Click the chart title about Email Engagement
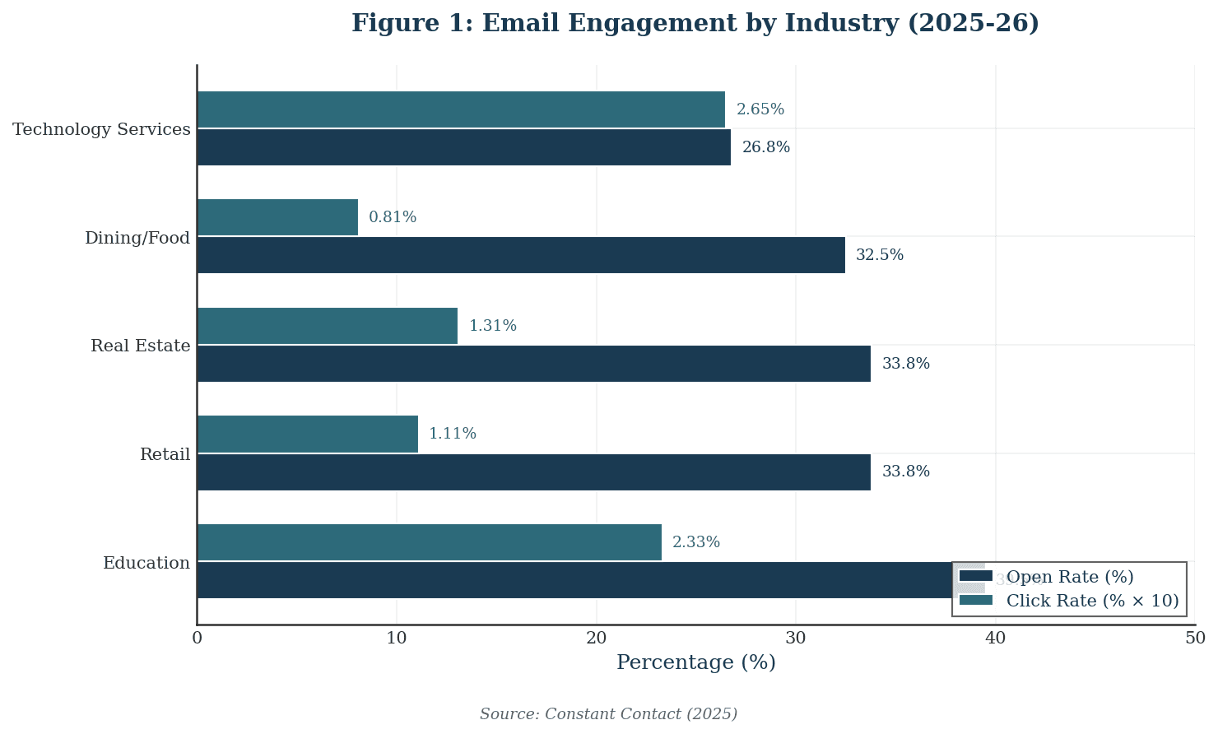695,23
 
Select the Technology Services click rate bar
461,109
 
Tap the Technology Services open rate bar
463,147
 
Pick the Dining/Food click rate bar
277,217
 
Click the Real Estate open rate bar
533,364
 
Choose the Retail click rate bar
307,434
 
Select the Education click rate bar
429,542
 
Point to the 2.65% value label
760,109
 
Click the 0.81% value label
393,217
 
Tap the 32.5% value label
879,255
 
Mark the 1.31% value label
492,326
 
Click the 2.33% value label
695,542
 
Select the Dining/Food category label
137,239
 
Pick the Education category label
146,564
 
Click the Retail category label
165,455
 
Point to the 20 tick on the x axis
596,639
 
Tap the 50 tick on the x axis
1194,639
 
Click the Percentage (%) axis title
695,663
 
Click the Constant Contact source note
608,714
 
